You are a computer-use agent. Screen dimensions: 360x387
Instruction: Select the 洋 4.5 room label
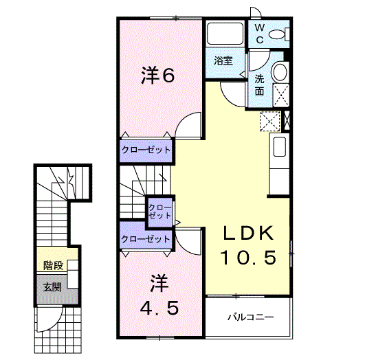(159, 296)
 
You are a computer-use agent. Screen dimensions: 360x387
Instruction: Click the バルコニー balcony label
(251, 318)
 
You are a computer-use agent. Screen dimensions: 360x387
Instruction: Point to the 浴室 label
(223, 60)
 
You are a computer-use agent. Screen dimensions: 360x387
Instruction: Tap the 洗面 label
(259, 84)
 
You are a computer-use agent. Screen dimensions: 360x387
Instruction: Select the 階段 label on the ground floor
(52, 265)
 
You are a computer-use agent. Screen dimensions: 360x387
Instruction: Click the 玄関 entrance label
(52, 286)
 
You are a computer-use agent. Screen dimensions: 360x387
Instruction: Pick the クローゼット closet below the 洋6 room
(146, 149)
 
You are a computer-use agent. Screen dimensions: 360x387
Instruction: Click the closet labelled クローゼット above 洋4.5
(145, 239)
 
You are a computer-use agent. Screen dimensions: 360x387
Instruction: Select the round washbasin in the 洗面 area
(280, 72)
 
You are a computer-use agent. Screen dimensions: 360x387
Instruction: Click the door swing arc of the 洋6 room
(190, 127)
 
